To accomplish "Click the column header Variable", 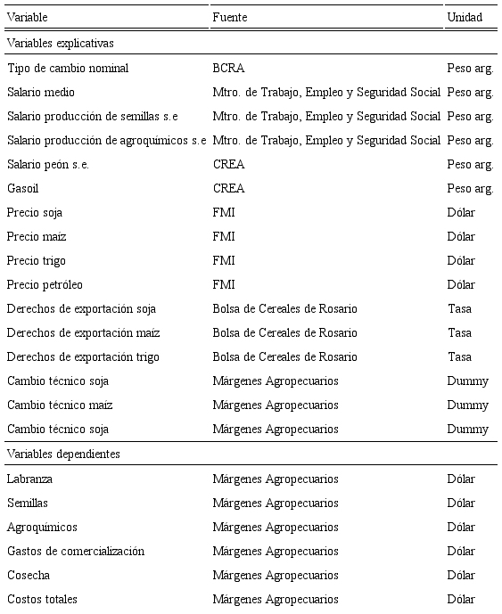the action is (27, 17).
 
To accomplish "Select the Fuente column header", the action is (229, 17).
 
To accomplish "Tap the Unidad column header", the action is (465, 17).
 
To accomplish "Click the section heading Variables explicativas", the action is (60, 42).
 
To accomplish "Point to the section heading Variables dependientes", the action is (63, 454).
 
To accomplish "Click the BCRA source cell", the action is (228, 68).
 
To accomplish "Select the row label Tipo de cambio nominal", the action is (68, 68).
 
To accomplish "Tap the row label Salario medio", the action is (41, 92).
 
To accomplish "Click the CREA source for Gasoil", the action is (228, 188).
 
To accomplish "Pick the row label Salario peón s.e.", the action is (48, 164).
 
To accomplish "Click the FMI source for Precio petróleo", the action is (224, 284).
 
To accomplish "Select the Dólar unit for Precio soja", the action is (461, 212).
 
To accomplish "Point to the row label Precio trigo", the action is (36, 260).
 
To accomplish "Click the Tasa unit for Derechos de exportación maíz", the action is (460, 332).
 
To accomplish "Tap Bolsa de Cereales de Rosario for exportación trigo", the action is (284, 356).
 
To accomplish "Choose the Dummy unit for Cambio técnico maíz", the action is (467, 405).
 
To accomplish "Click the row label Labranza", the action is (29, 479).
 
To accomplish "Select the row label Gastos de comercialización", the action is (75, 551).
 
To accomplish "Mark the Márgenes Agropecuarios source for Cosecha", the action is (276, 575).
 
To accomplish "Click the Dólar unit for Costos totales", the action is (461, 599).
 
